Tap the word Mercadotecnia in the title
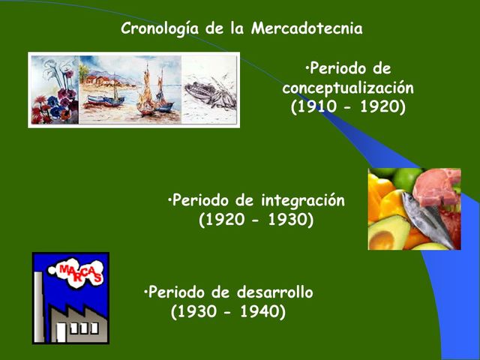[x=307, y=29]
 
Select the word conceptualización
[x=348, y=88]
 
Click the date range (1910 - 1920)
[x=348, y=106]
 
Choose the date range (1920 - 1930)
[x=256, y=220]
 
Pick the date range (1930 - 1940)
[x=228, y=311]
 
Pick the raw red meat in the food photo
[x=438, y=187]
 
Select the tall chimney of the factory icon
[x=38, y=307]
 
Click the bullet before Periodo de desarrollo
[x=145, y=292]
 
